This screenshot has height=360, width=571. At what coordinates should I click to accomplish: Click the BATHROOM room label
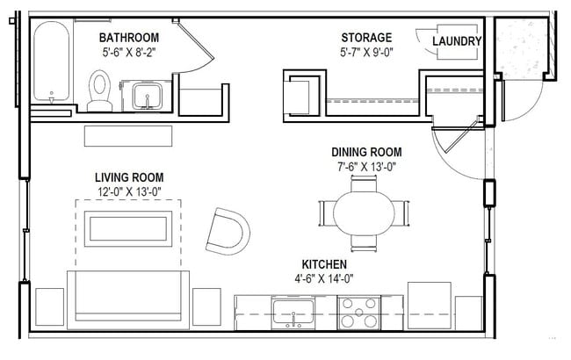point(128,37)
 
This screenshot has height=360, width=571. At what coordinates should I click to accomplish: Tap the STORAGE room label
point(366,37)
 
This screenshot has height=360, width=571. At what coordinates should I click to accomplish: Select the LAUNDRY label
point(456,41)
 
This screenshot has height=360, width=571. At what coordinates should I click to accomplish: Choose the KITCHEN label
point(324,264)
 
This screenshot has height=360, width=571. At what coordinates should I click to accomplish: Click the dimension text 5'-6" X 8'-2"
point(128,52)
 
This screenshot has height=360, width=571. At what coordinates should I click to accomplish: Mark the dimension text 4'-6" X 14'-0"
point(324,279)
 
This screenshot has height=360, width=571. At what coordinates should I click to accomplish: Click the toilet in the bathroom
point(100,90)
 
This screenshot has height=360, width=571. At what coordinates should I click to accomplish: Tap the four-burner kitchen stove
point(359,312)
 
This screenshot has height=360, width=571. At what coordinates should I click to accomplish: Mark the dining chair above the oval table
point(364,184)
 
